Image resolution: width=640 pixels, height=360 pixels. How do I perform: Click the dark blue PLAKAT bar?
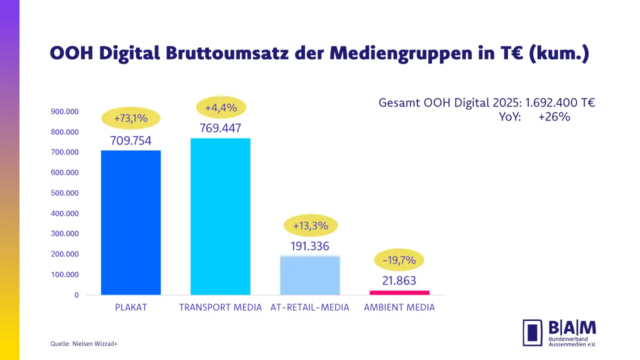point(130,222)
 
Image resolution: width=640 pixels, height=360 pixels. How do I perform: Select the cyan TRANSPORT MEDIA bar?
point(220,216)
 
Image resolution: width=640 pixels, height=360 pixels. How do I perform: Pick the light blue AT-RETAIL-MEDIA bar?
point(310,275)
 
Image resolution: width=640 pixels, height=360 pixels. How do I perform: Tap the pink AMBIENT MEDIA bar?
point(399,292)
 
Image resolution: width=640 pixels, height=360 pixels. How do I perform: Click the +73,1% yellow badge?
point(130,118)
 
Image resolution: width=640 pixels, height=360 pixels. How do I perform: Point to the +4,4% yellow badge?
point(220,107)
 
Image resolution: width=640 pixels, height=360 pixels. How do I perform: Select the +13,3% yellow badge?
point(310,225)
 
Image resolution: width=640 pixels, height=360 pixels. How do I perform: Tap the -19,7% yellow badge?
point(399,260)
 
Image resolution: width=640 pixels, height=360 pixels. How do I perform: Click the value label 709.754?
point(130,140)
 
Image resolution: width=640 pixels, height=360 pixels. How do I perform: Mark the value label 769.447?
point(220,128)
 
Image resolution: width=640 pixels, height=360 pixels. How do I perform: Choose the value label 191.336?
point(310,246)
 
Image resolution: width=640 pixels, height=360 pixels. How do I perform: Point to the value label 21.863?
point(399,281)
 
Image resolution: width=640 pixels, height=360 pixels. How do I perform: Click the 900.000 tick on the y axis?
point(65,111)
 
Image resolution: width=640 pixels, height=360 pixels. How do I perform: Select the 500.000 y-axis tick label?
point(65,193)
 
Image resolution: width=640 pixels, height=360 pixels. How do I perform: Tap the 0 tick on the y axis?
point(76,295)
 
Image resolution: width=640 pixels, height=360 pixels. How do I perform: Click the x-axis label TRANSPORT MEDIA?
point(220,307)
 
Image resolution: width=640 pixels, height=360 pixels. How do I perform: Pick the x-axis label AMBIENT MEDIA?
point(399,307)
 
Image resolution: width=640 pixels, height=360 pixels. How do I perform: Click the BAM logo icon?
point(532,332)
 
